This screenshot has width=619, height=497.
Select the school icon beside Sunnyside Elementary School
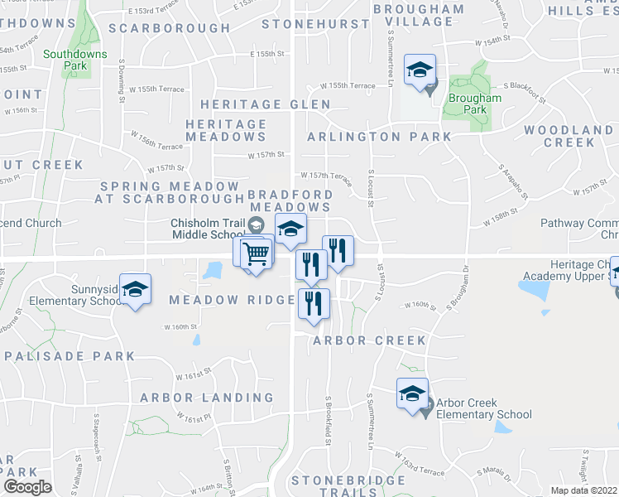pyautogui.click(x=135, y=290)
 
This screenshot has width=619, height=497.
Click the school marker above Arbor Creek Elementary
pyautogui.click(x=412, y=394)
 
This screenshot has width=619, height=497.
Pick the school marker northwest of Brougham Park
pyautogui.click(x=420, y=70)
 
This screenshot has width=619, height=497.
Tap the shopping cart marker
pyautogui.click(x=257, y=251)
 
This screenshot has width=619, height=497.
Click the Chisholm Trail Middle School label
pyautogui.click(x=210, y=229)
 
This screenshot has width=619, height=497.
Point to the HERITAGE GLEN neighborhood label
pyautogui.click(x=265, y=105)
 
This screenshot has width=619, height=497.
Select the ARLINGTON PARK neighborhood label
pyautogui.click(x=380, y=137)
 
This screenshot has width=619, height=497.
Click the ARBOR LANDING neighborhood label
pyautogui.click(x=206, y=398)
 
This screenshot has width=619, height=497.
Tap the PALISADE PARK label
pyautogui.click(x=70, y=356)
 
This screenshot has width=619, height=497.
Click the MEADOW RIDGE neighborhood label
pyautogui.click(x=221, y=300)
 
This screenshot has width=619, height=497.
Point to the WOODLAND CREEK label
pyautogui.click(x=569, y=137)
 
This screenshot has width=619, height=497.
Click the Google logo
pyautogui.click(x=27, y=487)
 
